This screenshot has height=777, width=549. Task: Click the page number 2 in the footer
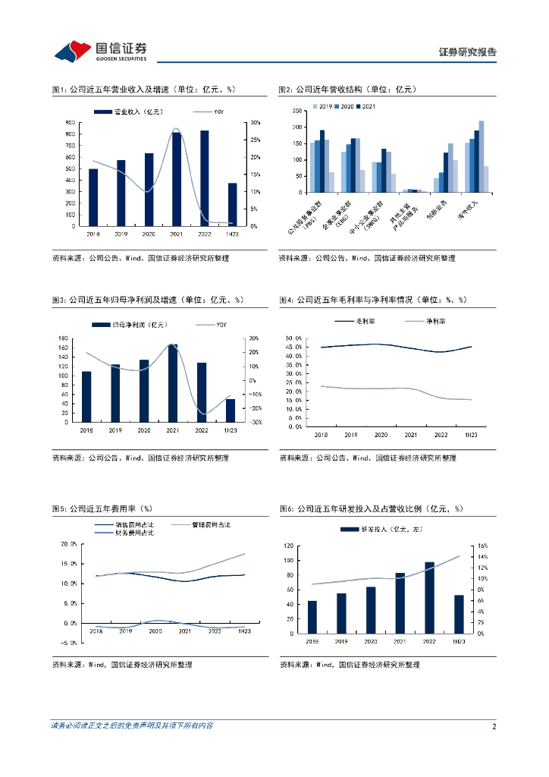click(494, 727)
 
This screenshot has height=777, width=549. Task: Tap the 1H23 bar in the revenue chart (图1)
click(231, 204)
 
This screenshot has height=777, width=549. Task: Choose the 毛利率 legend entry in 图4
click(364, 322)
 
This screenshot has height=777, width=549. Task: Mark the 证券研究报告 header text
click(468, 52)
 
